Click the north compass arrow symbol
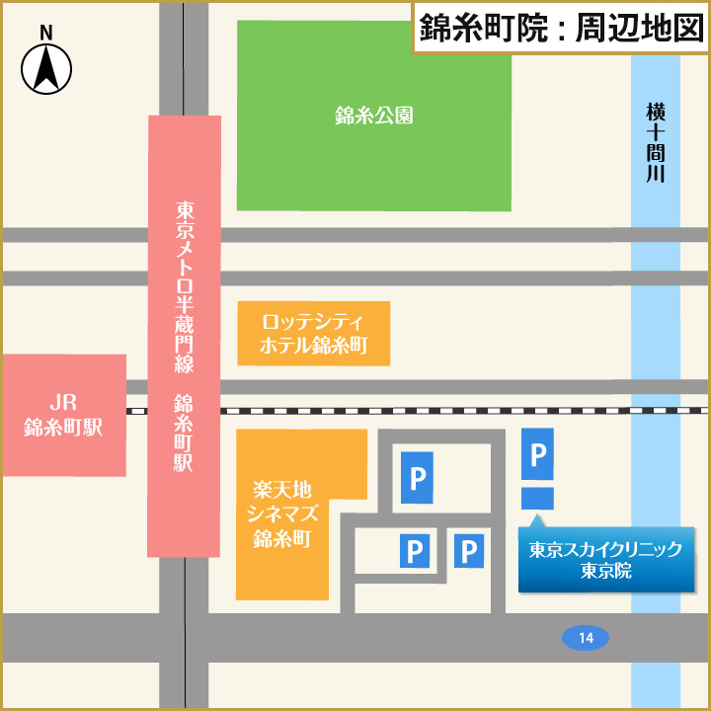point(45,70)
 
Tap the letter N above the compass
point(45,32)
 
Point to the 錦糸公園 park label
point(373,116)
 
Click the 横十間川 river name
point(656,143)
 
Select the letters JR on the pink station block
point(63,402)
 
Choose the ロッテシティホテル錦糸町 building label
point(314,334)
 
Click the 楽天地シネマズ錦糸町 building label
point(282,513)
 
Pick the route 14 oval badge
point(586,638)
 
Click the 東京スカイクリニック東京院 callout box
point(605,560)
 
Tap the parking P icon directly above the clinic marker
point(537,454)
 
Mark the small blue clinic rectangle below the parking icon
point(537,499)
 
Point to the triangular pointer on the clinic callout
point(537,520)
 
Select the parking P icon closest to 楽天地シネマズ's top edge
point(416,479)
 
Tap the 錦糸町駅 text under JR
point(63,428)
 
